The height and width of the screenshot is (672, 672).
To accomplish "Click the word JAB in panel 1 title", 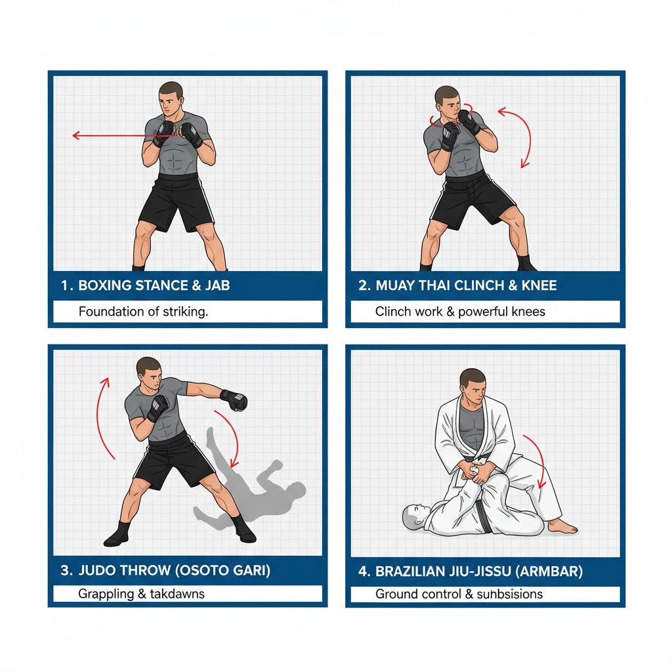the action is (217, 285).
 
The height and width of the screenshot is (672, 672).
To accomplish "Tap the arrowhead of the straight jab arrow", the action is (76, 135).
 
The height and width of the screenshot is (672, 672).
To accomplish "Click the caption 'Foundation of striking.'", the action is (143, 312).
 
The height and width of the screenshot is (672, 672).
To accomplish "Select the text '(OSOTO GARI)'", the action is (222, 570).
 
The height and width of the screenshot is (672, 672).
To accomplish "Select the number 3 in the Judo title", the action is (65, 570).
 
